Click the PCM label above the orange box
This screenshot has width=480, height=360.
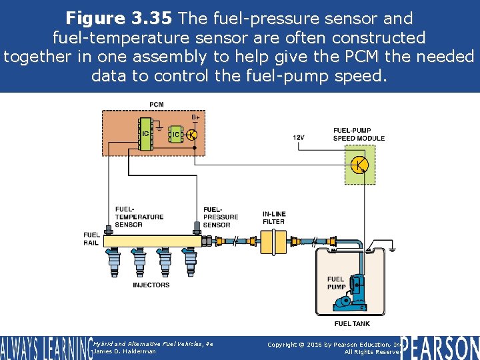coord(157,105)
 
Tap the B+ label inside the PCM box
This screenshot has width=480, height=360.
coord(195,117)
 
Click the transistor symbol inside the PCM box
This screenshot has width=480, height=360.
coord(191,135)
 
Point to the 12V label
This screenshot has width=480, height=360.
coord(299,137)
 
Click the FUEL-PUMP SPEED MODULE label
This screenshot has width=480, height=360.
coord(359,134)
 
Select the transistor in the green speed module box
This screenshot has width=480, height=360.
coord(359,165)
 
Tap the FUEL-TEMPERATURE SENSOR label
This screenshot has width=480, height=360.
coord(139,217)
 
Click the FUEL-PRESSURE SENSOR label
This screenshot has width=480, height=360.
coord(220,217)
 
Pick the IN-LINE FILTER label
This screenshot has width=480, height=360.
coord(273,217)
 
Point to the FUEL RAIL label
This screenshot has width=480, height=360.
coord(92,239)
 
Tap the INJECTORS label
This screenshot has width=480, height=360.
coord(151,285)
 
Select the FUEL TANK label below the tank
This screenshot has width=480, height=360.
coord(351,324)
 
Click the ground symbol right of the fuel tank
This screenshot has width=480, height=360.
coord(393,249)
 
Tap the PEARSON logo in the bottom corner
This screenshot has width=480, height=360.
coord(440,347)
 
